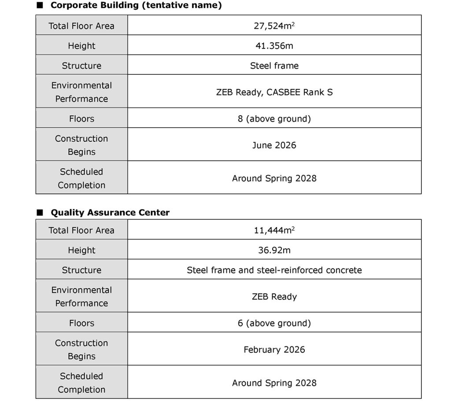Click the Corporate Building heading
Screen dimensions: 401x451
(x=136, y=6)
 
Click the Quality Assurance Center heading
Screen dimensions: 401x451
(x=110, y=213)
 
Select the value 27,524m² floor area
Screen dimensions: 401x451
(x=274, y=26)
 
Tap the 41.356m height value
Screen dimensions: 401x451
(x=274, y=46)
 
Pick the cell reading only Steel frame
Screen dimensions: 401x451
(x=274, y=66)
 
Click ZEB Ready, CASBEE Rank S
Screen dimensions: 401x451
(x=274, y=92)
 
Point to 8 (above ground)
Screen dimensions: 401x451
(x=274, y=119)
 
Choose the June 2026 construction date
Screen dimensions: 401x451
(x=274, y=145)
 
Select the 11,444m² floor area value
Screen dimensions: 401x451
(x=274, y=230)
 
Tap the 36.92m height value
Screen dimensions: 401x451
(x=274, y=250)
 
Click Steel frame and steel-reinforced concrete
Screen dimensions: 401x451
(x=274, y=270)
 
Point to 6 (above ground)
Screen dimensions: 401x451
(x=274, y=323)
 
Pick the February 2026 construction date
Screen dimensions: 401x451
(x=274, y=350)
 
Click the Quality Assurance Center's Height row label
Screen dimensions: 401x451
(x=81, y=250)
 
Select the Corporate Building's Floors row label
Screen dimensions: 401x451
(x=81, y=119)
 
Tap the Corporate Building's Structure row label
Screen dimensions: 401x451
(x=81, y=66)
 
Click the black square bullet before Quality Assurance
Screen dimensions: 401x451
(x=40, y=213)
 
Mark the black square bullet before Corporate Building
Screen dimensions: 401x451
(x=40, y=6)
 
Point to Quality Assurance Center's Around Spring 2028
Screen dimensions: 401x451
(x=274, y=383)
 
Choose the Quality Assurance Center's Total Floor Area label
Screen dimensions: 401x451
(x=81, y=230)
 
